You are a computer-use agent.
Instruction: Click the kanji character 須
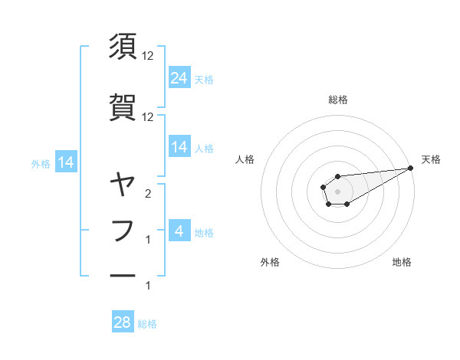[x=123, y=47]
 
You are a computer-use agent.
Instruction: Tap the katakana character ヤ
[x=123, y=184]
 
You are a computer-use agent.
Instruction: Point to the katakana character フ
[x=123, y=230]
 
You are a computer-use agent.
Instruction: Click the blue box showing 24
[x=179, y=77]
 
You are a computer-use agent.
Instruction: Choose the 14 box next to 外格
[x=66, y=162]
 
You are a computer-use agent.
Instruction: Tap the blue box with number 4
[x=179, y=231]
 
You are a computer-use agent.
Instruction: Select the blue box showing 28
[x=123, y=322]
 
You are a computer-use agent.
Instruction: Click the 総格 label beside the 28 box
[x=148, y=324]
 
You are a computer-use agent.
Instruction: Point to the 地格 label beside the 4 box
[x=205, y=232]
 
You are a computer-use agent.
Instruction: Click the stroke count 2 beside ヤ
[x=148, y=193]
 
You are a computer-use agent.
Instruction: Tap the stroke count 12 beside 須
[x=148, y=56]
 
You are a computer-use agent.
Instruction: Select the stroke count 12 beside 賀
[x=148, y=116]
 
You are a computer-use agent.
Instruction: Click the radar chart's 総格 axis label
[x=338, y=100]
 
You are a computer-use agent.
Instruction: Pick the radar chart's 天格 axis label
[x=431, y=159]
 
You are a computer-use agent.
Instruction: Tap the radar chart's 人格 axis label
[x=245, y=159]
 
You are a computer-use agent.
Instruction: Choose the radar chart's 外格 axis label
[x=270, y=262]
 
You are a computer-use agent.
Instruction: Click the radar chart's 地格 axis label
[x=402, y=262]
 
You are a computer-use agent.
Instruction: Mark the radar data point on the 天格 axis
[x=410, y=168]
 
